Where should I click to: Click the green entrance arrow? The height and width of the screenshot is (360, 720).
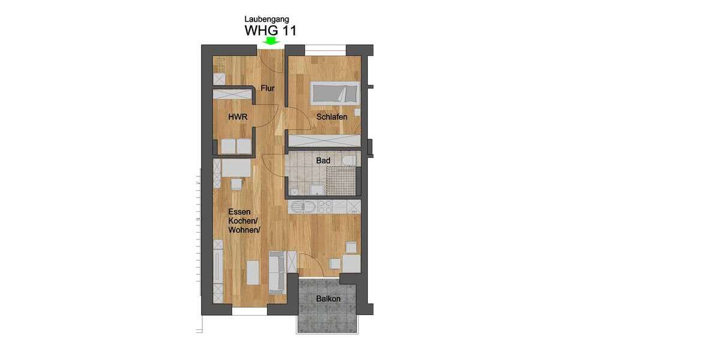point(271,41)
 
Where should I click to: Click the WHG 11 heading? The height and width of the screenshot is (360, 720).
point(271,30)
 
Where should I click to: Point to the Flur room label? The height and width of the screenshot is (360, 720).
point(268,89)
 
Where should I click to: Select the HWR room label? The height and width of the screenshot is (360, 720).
point(238,117)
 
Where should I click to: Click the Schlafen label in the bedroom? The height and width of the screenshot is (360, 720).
point(332,117)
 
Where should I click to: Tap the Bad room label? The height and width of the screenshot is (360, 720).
point(323,161)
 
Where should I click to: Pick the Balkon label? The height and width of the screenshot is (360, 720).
point(328,299)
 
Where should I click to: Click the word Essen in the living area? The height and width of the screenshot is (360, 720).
point(239,212)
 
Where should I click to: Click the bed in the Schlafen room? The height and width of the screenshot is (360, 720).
point(335,94)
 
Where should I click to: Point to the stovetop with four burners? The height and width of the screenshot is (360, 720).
point(325,207)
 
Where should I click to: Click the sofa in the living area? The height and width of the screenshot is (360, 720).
point(277,269)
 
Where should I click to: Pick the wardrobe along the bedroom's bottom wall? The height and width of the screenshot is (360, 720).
point(324,141)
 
